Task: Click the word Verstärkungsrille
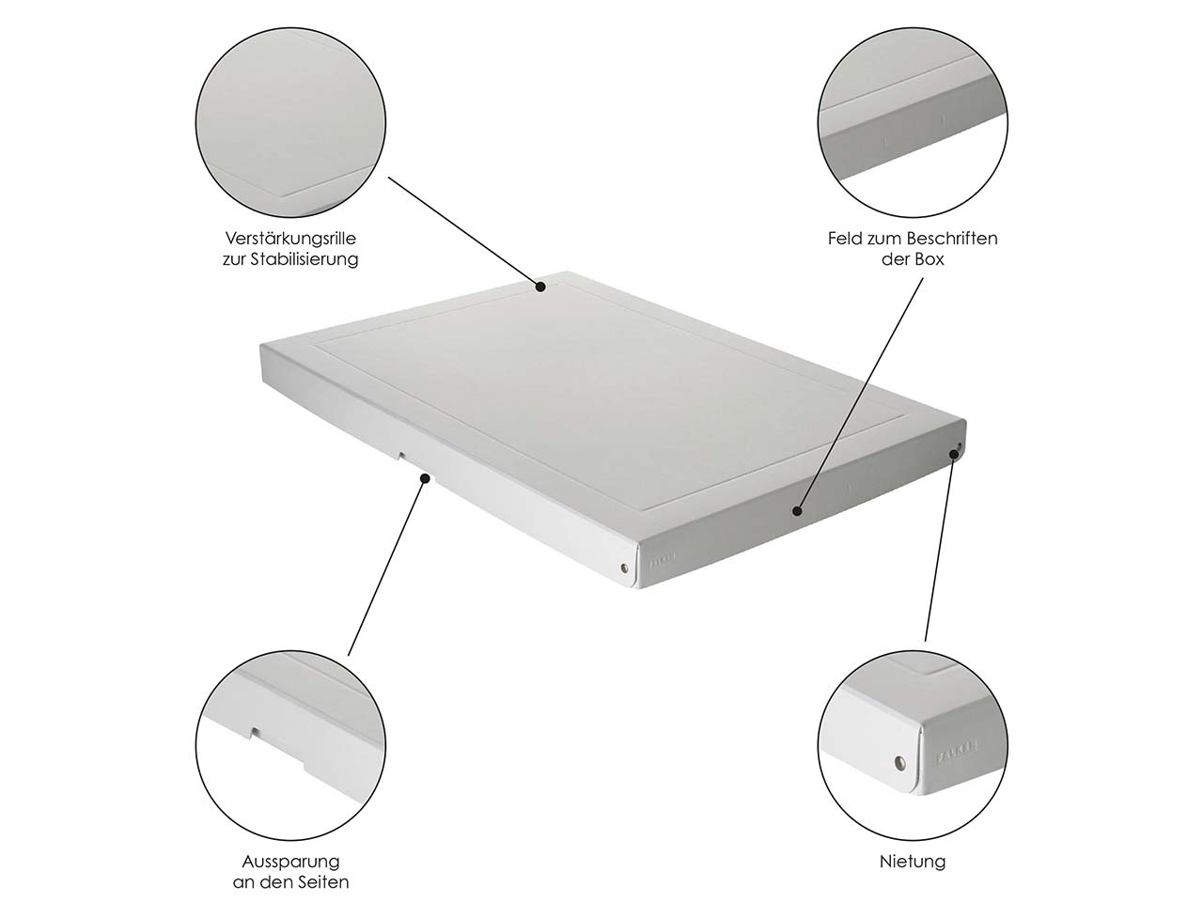(290, 239)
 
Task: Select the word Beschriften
(951, 239)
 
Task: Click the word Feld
(845, 239)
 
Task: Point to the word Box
(930, 259)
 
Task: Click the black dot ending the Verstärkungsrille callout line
(540, 287)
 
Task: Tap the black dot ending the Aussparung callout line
(425, 478)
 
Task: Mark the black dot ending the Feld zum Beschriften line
(797, 511)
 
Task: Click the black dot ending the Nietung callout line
(955, 454)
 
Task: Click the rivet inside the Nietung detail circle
(899, 762)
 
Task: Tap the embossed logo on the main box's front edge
(663, 561)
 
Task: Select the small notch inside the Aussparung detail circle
(256, 731)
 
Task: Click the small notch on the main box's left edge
(401, 455)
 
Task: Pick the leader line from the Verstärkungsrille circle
(464, 231)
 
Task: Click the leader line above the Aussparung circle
(386, 567)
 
